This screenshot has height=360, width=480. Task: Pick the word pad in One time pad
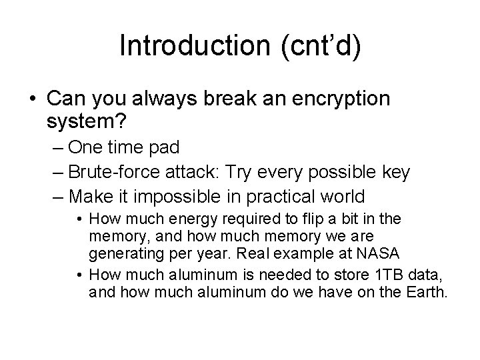click(164, 148)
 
